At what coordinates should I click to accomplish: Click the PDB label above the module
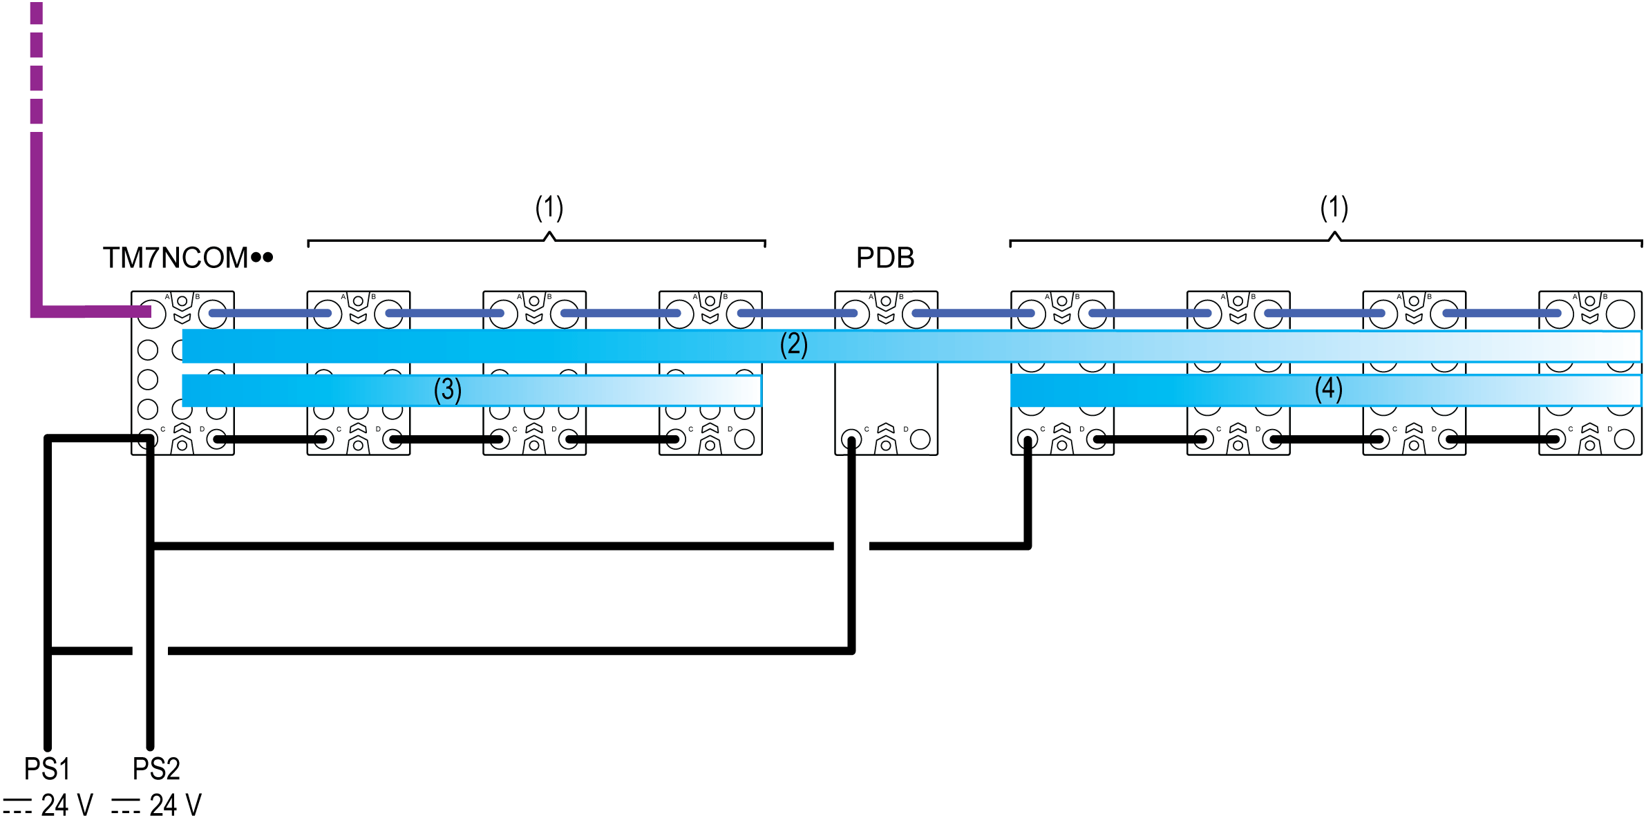coord(885,258)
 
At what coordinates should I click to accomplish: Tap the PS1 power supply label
coord(47,768)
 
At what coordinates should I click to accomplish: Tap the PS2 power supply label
coord(156,768)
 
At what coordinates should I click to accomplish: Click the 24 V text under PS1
coord(66,805)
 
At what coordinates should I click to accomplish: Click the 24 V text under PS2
coord(176,805)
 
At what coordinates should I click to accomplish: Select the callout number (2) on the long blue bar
coord(793,344)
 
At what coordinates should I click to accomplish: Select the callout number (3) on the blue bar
coord(447,390)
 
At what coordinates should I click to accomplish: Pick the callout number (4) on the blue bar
coord(1328,389)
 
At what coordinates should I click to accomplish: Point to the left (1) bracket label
coord(549,207)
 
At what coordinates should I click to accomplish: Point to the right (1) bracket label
coord(1334,207)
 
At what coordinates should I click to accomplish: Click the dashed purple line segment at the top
coord(37,62)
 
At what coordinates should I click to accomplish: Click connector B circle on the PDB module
coord(917,314)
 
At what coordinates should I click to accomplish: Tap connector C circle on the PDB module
coord(852,439)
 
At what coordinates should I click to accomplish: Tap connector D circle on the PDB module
coord(920,439)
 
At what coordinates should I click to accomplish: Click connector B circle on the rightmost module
coord(1620,314)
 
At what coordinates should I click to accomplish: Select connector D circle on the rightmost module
coord(1624,439)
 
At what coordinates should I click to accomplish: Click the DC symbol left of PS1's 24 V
coord(17,806)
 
